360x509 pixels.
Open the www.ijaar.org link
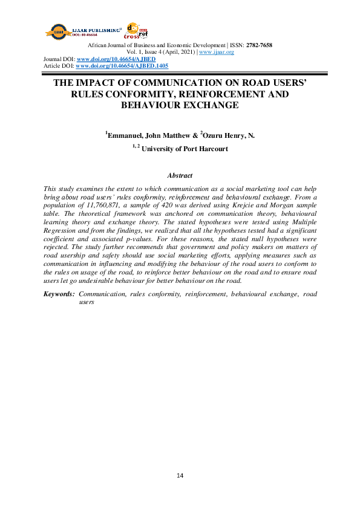tap(216, 52)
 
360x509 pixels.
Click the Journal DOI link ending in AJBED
tap(116, 59)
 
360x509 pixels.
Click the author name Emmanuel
tap(124, 136)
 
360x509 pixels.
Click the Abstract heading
tap(180, 175)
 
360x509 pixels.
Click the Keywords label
tap(59, 293)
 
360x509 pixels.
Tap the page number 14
tap(180, 475)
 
